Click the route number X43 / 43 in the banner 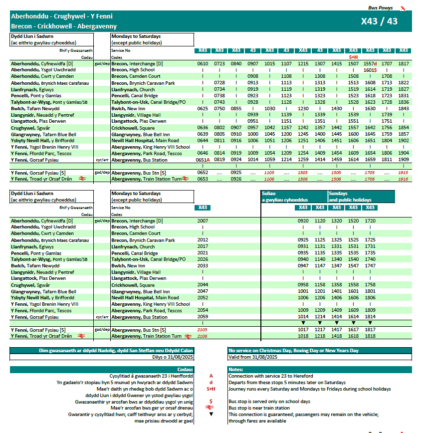pos(379,21)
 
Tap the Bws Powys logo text pos(380,8)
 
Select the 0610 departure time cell pos(203,64)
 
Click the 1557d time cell pos(370,64)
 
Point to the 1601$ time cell pos(370,70)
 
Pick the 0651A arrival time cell pos(203,160)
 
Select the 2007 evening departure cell pos(203,220)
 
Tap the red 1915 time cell pos(404,173)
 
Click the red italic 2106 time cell pos(203,336)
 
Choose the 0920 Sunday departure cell pos(303,220)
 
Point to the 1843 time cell pos(404,108)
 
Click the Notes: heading pos(235,370)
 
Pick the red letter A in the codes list pos(210,376)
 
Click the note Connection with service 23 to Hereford pos(271,376)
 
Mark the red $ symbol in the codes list pos(210,402)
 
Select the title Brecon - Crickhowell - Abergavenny pos(64,26)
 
